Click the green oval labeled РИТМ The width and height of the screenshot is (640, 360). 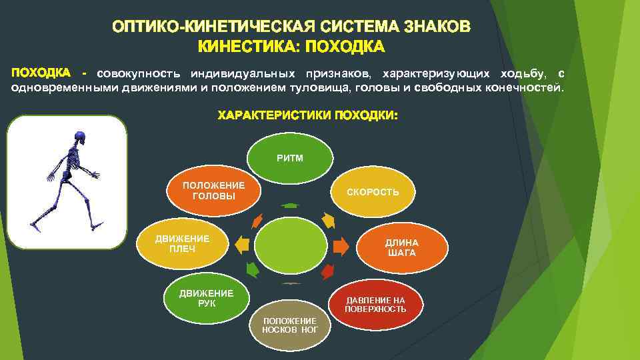[x=290, y=159]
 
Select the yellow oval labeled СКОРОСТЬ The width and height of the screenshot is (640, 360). [x=373, y=192]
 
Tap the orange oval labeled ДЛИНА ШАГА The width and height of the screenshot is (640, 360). [x=401, y=247]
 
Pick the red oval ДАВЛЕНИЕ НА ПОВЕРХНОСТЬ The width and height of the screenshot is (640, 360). [x=375, y=305]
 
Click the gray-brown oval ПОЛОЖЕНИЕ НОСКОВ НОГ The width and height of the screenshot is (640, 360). [x=289, y=325]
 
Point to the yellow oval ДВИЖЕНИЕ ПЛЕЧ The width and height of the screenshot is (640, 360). [x=182, y=243]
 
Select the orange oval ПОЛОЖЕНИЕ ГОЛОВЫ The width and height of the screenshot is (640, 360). [x=213, y=191]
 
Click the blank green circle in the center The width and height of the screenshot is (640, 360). [x=290, y=245]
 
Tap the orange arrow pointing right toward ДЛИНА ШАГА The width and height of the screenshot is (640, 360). [x=341, y=246]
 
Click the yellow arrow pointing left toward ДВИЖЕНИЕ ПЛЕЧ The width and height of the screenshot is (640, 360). [x=242, y=245]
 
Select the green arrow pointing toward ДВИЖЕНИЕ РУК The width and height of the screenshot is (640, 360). [x=252, y=269]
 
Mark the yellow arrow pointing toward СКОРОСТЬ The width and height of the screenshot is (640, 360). [x=327, y=219]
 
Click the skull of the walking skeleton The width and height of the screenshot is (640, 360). [x=81, y=138]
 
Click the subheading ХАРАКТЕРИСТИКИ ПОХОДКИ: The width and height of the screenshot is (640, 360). [x=307, y=116]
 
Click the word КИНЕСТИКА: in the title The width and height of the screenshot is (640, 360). [x=238, y=47]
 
